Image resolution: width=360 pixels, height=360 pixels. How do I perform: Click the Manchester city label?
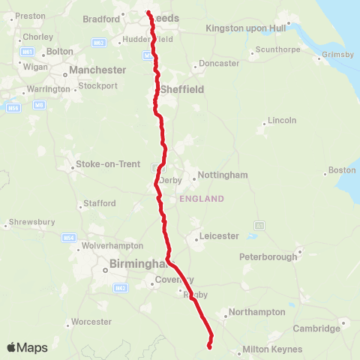[97, 70]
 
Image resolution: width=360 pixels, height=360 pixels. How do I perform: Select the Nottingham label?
[223, 175]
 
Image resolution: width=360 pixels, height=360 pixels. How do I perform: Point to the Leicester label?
[219, 236]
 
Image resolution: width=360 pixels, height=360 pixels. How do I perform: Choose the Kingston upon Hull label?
[246, 28]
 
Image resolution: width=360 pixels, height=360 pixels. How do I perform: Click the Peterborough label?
[268, 256]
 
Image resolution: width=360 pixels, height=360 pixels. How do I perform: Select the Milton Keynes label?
[272, 349]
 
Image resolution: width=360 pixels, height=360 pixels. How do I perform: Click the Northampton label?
[256, 312]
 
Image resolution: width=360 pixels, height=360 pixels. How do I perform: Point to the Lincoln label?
[283, 120]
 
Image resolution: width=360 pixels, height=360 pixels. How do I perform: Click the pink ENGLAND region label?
[201, 199]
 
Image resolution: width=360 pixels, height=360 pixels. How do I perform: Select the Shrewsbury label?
[30, 223]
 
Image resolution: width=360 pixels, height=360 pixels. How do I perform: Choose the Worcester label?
[91, 322]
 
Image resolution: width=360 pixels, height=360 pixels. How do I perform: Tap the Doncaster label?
[218, 64]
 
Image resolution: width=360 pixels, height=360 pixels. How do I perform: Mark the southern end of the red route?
[209, 346]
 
